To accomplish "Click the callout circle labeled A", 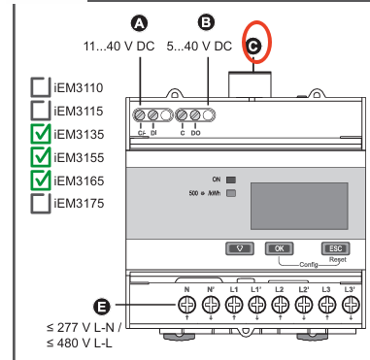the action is (x=140, y=23).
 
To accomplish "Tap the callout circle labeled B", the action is (x=206, y=22).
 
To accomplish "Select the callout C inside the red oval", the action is (x=253, y=47).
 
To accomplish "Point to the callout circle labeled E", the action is (x=102, y=306).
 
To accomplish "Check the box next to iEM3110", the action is (x=41, y=87).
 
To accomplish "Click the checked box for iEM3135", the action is (x=41, y=134).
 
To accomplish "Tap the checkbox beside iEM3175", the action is (x=41, y=204).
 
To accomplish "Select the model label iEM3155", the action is (x=79, y=157).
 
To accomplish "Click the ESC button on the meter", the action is (x=335, y=248).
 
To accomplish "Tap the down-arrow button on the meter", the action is (x=240, y=248).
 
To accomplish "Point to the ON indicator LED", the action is (x=231, y=180).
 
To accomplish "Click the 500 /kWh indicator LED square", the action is (x=231, y=193).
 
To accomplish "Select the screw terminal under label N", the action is (x=186, y=305).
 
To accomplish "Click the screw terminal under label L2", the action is (x=280, y=305).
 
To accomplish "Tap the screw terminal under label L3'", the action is (x=351, y=305).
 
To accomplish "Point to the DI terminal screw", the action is (x=152, y=115).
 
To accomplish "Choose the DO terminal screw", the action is (x=195, y=115).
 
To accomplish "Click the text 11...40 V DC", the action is (x=119, y=47).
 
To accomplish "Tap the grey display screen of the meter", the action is (x=299, y=206).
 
